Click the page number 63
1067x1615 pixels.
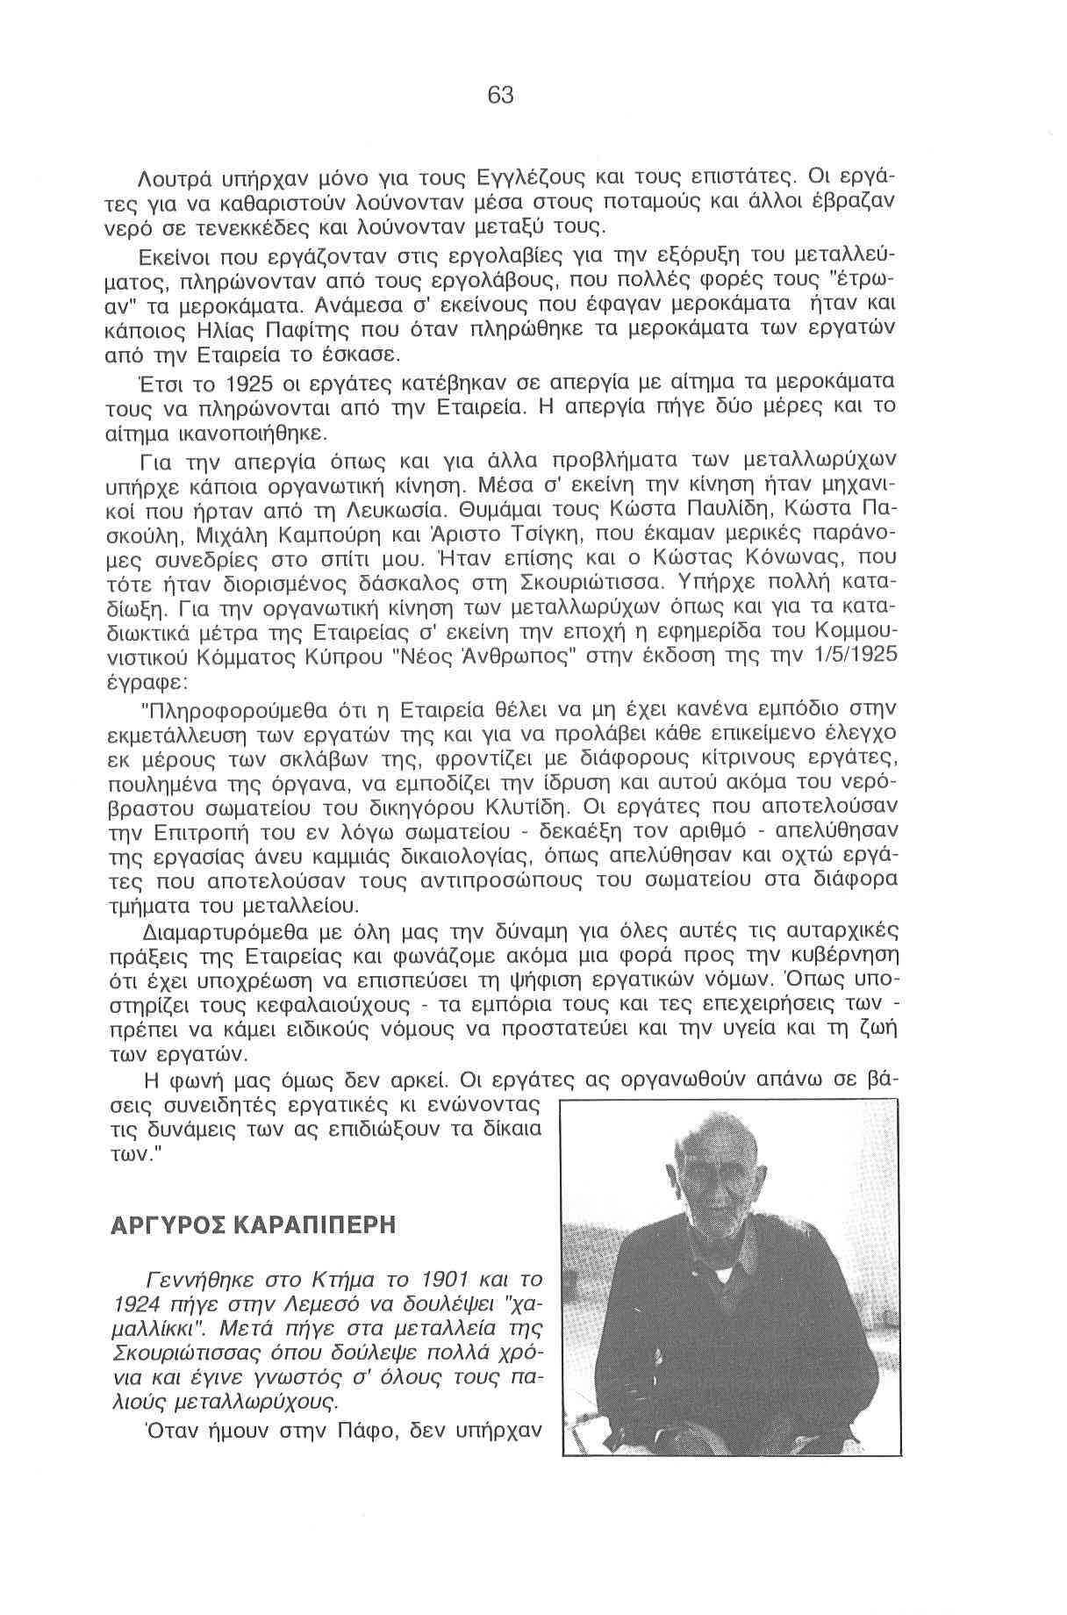500,95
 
